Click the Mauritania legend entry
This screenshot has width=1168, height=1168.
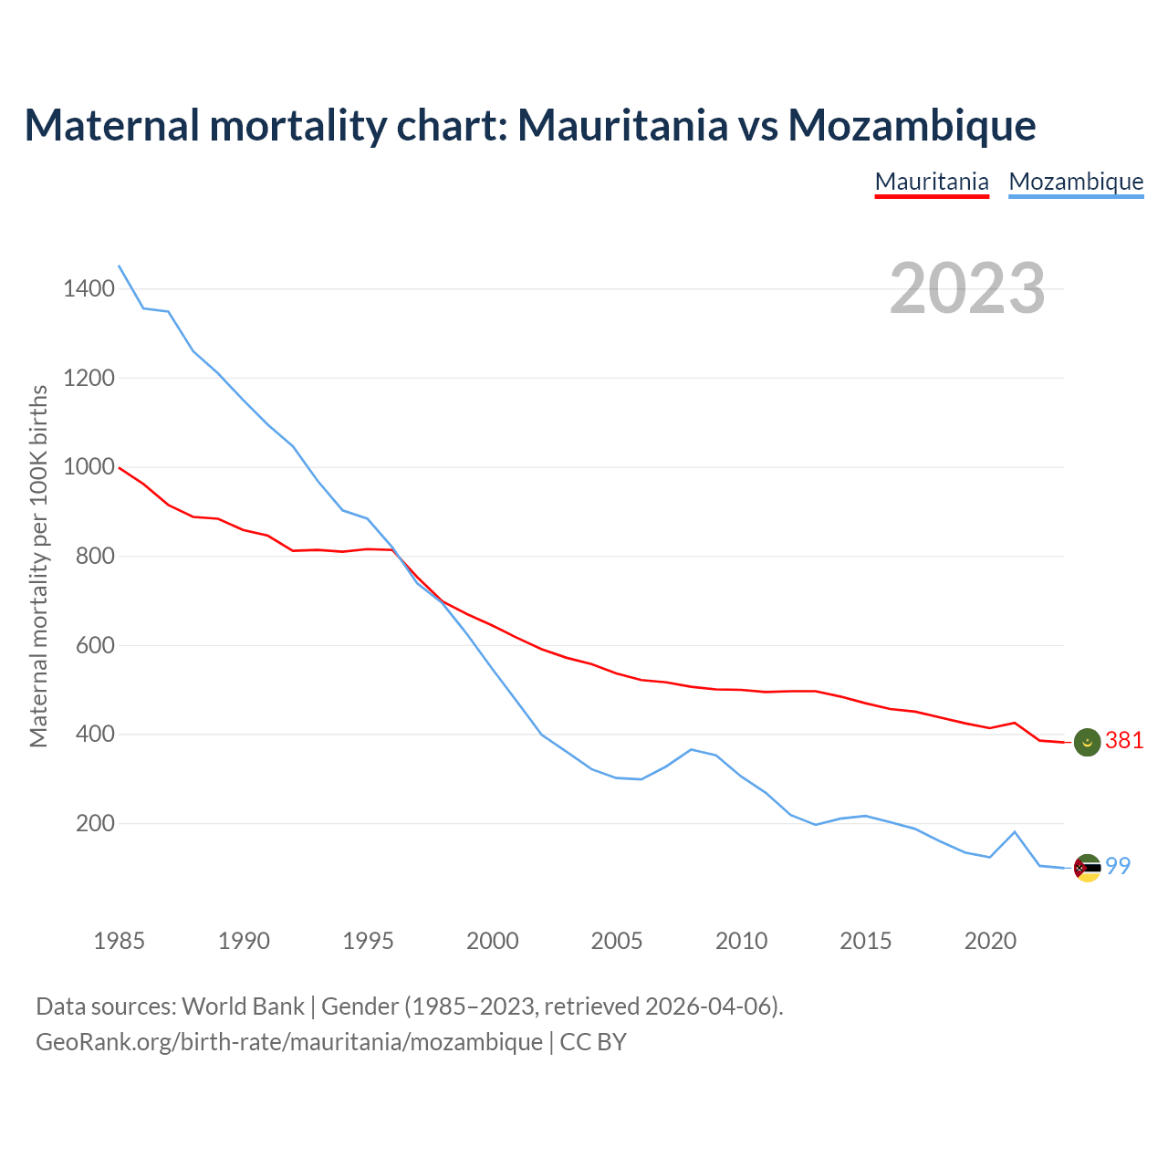point(932,182)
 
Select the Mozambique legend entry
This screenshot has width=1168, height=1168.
point(1076,182)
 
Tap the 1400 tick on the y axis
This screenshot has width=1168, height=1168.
point(89,289)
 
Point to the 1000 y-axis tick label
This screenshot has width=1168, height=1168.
point(89,467)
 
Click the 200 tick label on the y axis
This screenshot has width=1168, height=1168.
point(95,824)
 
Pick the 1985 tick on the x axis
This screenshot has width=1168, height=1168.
point(119,941)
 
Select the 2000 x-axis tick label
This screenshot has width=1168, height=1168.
point(492,941)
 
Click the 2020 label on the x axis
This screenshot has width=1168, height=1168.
point(990,941)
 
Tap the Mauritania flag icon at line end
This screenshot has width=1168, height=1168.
point(1087,742)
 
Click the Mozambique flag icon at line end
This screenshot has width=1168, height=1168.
point(1087,868)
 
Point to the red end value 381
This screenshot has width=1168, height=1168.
point(1124,741)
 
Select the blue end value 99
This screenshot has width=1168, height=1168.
point(1119,867)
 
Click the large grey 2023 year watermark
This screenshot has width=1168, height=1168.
point(967,288)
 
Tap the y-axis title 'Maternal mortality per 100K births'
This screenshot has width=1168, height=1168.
point(38,566)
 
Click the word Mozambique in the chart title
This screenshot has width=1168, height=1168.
point(912,125)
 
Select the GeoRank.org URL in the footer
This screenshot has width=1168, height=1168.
point(289,1042)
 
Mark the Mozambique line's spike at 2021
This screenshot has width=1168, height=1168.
point(1015,831)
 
